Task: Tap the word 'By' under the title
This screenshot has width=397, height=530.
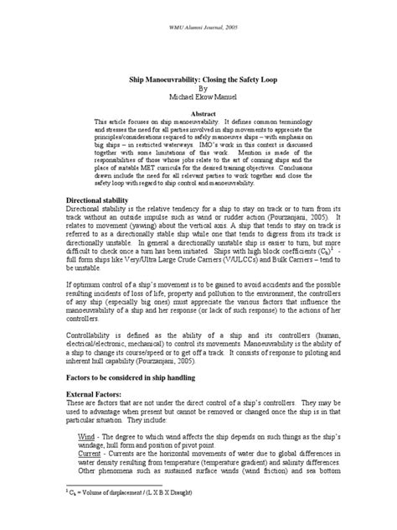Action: [198, 85]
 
